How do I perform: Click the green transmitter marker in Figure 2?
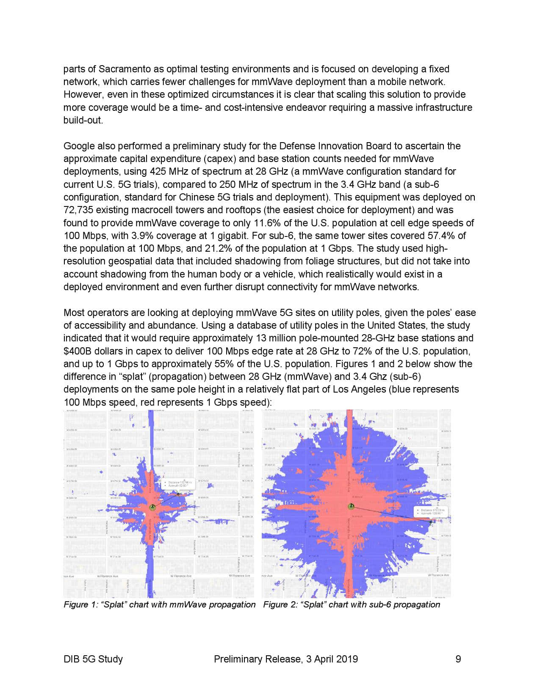(351, 506)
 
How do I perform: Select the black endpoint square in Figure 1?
(178, 494)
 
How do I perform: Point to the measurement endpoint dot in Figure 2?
(431, 522)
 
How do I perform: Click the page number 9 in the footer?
(458, 659)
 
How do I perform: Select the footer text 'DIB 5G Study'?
(93, 659)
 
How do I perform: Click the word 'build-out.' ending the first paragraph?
(83, 120)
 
